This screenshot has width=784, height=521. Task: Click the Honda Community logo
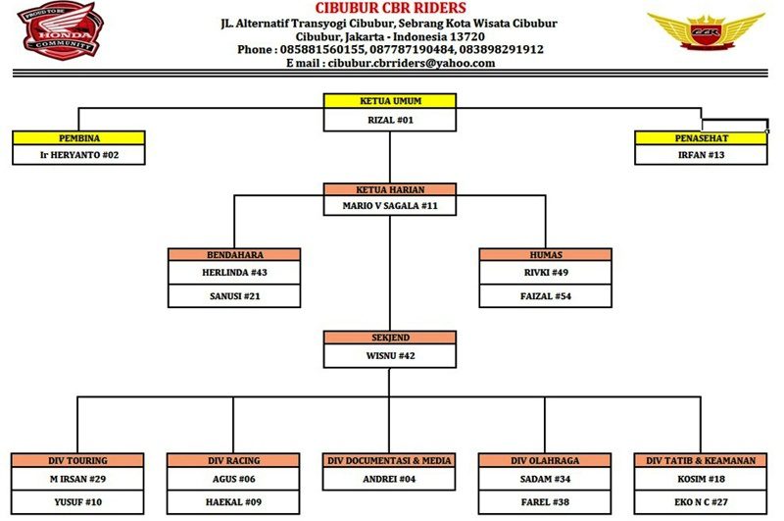(61, 30)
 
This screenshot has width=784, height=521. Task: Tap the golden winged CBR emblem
(706, 31)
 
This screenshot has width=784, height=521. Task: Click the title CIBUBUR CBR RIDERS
(390, 8)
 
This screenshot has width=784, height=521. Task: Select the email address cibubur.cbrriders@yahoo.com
(412, 63)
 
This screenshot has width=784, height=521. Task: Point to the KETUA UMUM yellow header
(390, 101)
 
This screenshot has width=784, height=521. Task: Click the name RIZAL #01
(390, 120)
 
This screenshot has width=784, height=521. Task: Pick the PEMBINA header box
(79, 138)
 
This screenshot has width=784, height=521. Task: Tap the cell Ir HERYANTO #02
(79, 155)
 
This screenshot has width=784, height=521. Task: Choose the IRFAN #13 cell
(701, 155)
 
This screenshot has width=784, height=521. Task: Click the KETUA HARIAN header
(390, 189)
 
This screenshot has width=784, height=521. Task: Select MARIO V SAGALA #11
(390, 206)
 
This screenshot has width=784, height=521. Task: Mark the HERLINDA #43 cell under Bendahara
(234, 272)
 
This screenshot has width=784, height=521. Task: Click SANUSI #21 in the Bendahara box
(234, 295)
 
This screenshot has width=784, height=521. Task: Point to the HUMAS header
(546, 255)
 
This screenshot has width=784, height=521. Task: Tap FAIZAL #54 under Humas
(546, 295)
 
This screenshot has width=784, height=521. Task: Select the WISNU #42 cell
(390, 356)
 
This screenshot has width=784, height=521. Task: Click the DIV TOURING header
(77, 460)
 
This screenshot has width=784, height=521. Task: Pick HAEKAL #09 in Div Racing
(233, 502)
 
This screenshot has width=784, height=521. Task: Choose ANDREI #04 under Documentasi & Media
(389, 479)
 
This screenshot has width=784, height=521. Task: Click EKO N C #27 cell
(701, 502)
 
